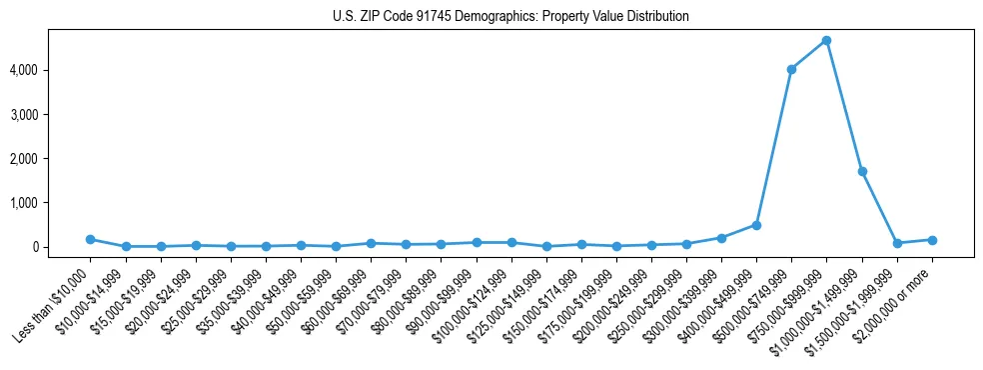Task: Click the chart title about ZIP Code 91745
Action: click(510, 17)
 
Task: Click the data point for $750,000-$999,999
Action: click(826, 41)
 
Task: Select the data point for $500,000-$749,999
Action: click(791, 70)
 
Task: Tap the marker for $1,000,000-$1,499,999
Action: click(861, 172)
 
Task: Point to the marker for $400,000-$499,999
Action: click(756, 225)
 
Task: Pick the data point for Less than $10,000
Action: click(90, 239)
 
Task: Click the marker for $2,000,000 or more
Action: click(932, 240)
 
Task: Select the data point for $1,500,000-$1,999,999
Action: click(897, 243)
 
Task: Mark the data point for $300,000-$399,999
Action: click(721, 238)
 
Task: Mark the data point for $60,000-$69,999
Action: click(371, 243)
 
